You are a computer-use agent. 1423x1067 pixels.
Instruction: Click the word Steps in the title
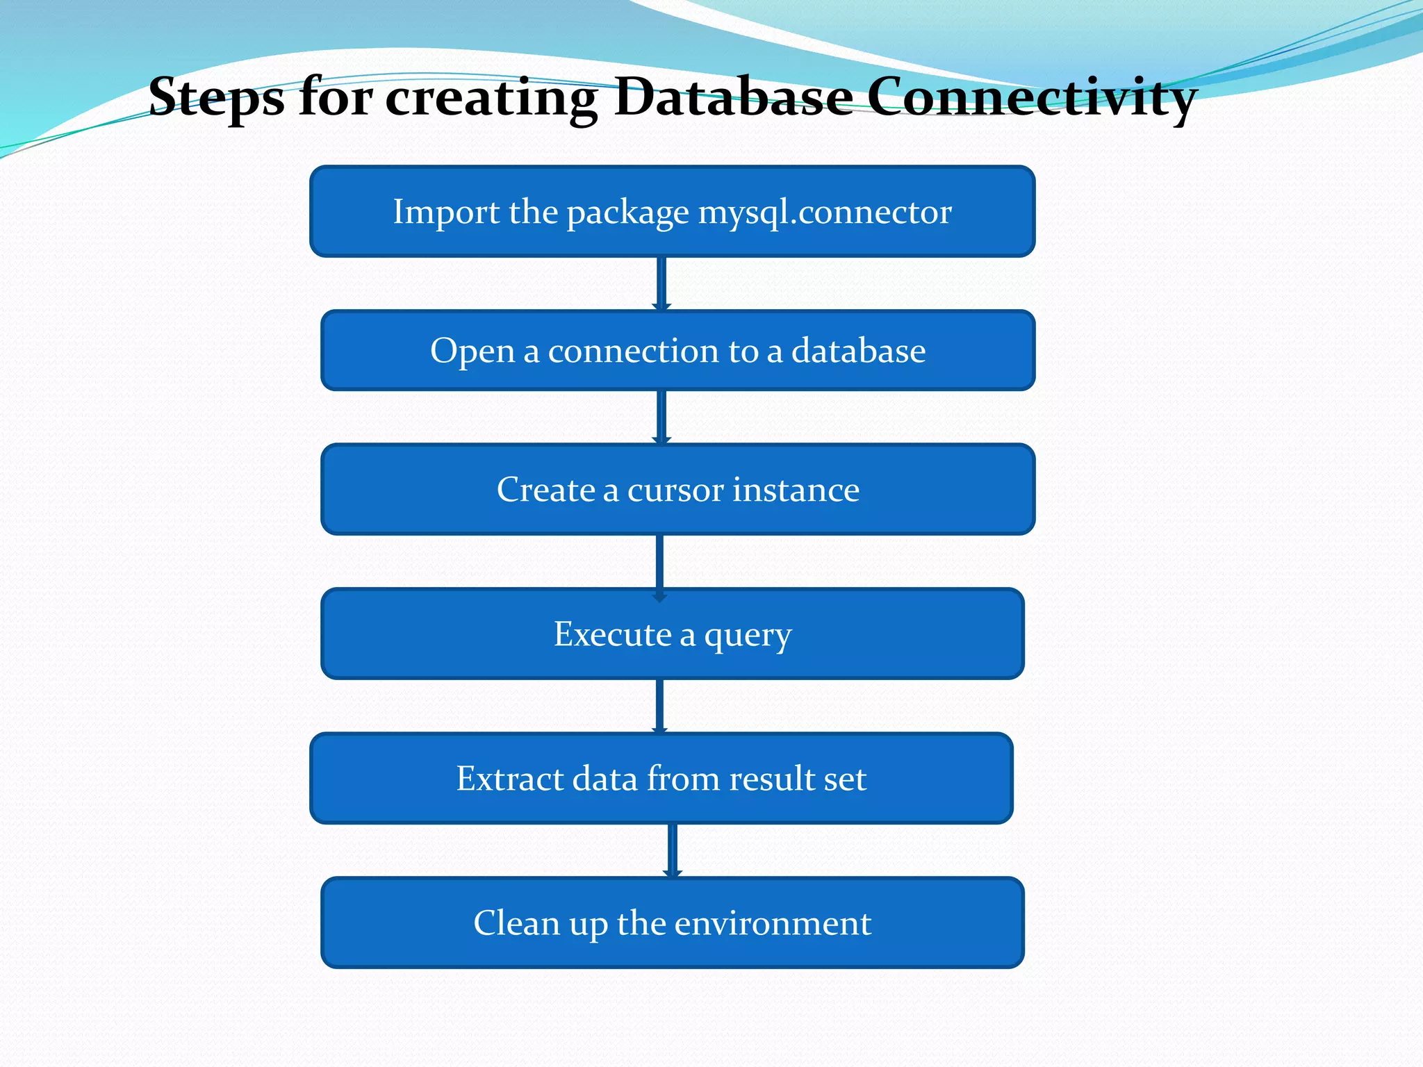click(x=216, y=97)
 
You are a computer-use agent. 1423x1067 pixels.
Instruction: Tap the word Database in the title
click(x=734, y=97)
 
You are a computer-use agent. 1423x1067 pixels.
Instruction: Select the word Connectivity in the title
click(x=1031, y=97)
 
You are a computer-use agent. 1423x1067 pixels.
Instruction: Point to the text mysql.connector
click(x=825, y=212)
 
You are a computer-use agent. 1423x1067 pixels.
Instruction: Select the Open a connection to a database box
click(x=677, y=351)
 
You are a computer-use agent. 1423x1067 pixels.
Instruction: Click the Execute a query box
click(x=672, y=634)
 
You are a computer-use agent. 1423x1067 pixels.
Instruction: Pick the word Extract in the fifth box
click(x=509, y=778)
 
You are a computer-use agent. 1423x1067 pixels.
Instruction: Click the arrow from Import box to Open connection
click(x=661, y=283)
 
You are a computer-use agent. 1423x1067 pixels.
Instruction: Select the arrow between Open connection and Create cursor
click(x=661, y=416)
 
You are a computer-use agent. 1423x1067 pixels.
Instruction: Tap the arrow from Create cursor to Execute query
click(x=660, y=561)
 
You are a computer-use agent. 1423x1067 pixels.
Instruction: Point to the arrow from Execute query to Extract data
click(x=660, y=705)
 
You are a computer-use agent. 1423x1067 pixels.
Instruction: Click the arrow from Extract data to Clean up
click(x=672, y=850)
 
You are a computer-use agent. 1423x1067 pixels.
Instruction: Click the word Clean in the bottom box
click(x=516, y=923)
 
